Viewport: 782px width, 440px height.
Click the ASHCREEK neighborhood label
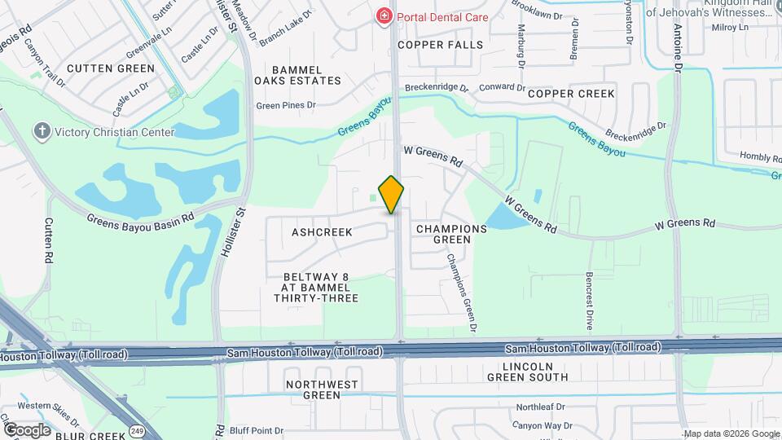(322, 232)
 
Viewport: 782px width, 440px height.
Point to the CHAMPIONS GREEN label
(451, 234)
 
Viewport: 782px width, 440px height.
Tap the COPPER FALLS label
(441, 45)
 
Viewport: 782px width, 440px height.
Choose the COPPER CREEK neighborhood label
(571, 94)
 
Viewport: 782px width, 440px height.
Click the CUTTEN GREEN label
(110, 68)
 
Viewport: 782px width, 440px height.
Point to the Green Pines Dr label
(285, 105)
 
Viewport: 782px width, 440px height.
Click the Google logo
(27, 429)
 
